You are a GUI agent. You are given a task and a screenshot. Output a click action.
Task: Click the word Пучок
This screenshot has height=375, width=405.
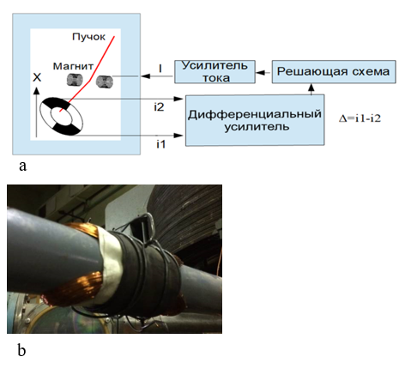click(88, 37)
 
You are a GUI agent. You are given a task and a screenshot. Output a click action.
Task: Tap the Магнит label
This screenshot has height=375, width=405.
click(73, 66)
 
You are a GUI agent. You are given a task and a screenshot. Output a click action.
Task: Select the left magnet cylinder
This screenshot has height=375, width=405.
click(75, 80)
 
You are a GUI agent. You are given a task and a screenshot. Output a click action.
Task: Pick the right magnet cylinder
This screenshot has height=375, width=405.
click(105, 82)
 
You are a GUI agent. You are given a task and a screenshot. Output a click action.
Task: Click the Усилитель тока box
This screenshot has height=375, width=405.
click(215, 72)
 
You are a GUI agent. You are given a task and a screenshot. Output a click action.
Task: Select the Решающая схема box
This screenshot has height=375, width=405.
click(334, 72)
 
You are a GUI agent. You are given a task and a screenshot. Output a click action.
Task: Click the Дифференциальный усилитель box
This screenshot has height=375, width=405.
click(255, 120)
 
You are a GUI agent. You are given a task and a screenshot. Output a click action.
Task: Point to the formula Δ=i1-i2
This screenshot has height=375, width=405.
click(360, 118)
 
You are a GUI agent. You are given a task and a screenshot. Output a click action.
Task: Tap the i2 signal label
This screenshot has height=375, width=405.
click(159, 107)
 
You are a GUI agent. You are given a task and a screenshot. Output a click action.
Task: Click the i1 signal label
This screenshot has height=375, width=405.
click(160, 144)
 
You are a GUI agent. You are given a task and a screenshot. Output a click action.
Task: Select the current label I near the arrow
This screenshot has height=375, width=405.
click(160, 69)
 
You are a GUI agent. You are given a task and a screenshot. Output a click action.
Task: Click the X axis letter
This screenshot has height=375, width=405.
click(37, 77)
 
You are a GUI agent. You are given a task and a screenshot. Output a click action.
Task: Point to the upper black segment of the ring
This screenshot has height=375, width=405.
click(57, 104)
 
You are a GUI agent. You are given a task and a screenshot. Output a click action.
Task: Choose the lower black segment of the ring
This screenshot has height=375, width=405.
click(66, 130)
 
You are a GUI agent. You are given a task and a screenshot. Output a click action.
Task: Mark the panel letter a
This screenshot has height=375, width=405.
click(23, 166)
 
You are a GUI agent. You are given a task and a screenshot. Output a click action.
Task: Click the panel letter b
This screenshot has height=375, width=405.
click(21, 349)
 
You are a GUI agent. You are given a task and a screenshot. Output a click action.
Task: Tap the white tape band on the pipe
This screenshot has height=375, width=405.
click(111, 266)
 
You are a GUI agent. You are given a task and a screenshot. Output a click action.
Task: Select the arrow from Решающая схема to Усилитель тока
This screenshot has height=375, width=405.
click(263, 73)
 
